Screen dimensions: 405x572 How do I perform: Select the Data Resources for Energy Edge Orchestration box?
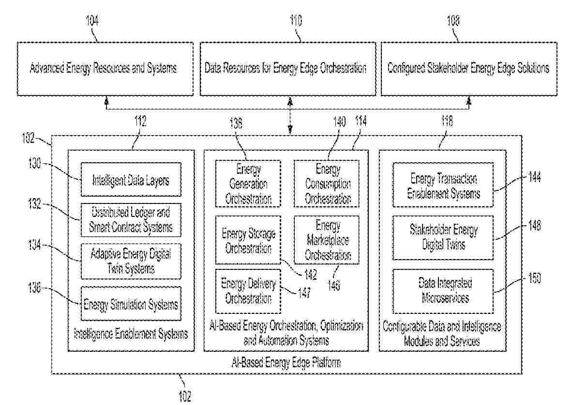(287, 68)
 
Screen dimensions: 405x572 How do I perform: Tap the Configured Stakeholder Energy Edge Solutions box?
(468, 68)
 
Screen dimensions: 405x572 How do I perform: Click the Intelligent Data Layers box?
(131, 181)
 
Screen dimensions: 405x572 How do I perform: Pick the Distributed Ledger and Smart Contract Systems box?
(131, 220)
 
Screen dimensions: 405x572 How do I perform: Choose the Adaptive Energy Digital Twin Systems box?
(131, 261)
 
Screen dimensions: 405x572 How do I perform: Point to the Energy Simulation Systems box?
(131, 304)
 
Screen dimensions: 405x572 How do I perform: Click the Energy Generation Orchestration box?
(248, 184)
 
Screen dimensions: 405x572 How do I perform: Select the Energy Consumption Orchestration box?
(327, 184)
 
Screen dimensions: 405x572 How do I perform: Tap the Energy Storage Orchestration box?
(248, 241)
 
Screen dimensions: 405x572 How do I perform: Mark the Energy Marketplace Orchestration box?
(327, 240)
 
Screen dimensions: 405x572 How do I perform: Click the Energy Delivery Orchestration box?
(248, 291)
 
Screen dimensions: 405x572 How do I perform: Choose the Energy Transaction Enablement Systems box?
(443, 187)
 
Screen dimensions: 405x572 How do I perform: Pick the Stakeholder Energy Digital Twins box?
(443, 237)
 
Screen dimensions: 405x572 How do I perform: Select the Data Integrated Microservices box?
(443, 290)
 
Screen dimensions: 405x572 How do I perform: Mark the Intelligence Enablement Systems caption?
(131, 334)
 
